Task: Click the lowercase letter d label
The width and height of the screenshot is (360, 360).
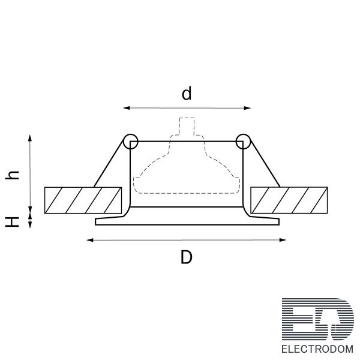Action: click(187, 94)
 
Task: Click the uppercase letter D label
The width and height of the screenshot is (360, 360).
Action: click(187, 257)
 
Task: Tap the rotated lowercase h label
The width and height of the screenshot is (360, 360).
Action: click(12, 175)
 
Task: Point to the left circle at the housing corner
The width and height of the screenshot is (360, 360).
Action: click(131, 142)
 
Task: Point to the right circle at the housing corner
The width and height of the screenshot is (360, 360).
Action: click(244, 142)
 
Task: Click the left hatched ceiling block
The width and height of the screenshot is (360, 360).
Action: click(83, 200)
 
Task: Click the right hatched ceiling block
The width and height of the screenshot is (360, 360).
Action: click(289, 200)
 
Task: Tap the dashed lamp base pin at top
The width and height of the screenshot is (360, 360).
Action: click(187, 127)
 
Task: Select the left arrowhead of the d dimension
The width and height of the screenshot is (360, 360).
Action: click(127, 108)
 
